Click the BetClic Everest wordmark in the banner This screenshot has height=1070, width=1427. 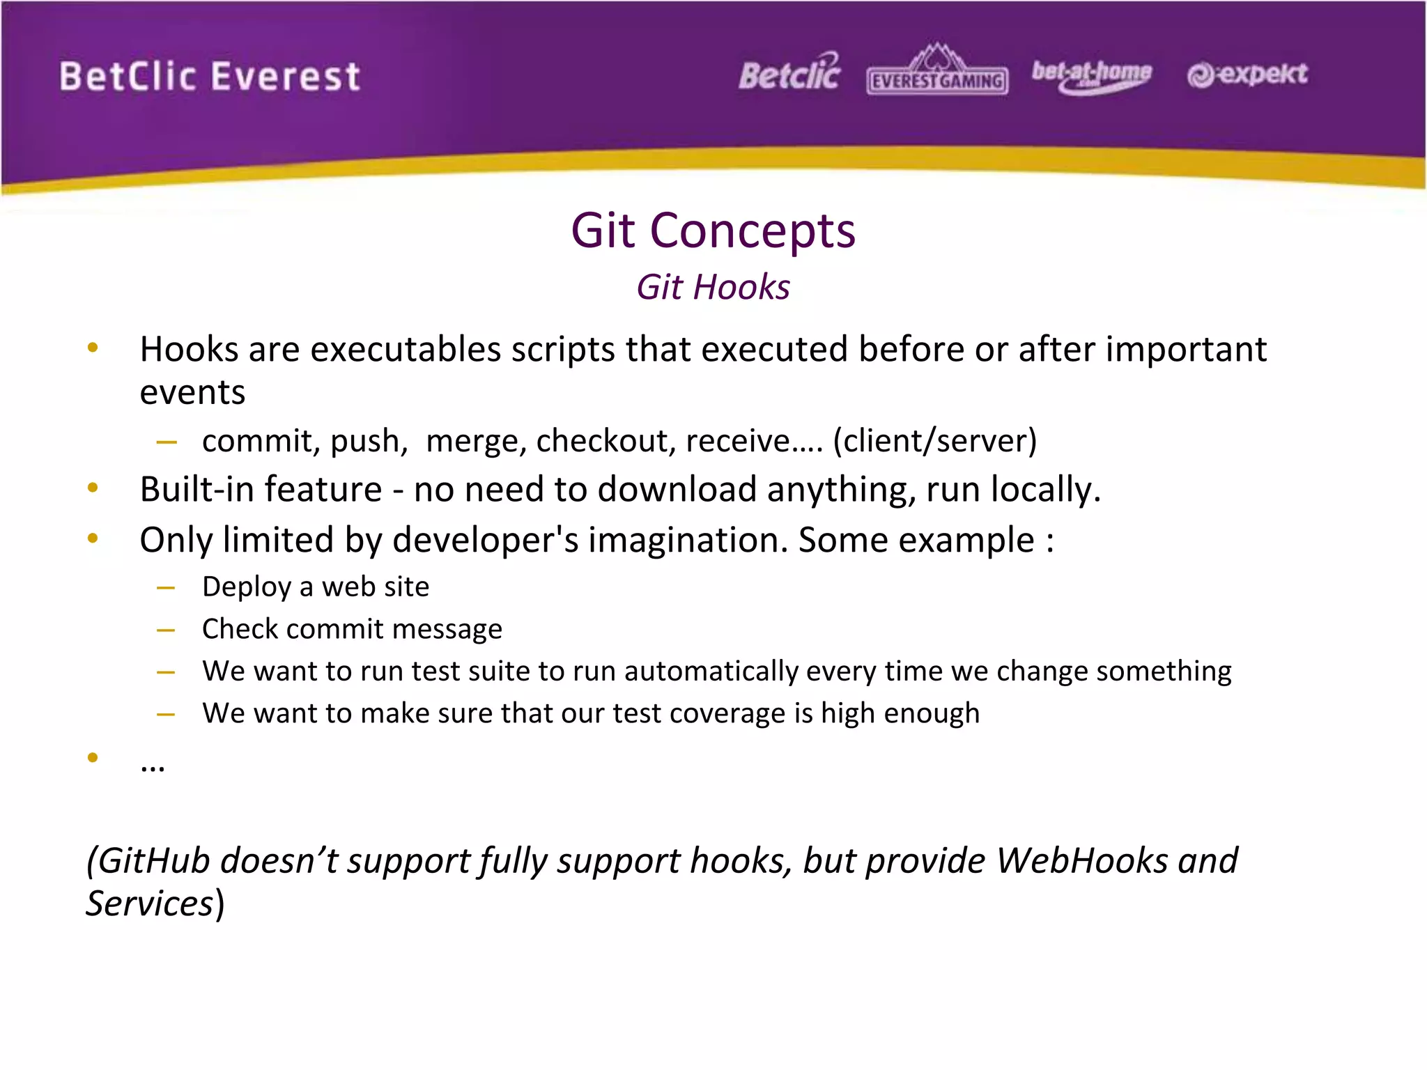(210, 77)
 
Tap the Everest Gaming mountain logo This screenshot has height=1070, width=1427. (937, 70)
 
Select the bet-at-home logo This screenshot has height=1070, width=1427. (1091, 75)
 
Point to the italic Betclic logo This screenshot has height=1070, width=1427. (789, 73)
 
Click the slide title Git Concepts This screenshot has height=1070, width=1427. (713, 231)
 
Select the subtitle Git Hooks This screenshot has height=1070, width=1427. (713, 287)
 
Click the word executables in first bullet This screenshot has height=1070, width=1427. (406, 349)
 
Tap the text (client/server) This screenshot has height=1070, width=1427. (935, 441)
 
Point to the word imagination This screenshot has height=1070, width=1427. (687, 540)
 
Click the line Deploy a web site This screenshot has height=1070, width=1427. (316, 587)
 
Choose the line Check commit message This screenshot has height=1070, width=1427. (352, 629)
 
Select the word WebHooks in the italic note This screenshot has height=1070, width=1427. (1081, 860)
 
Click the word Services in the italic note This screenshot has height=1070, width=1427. (149, 904)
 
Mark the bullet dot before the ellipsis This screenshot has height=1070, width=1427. (93, 758)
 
